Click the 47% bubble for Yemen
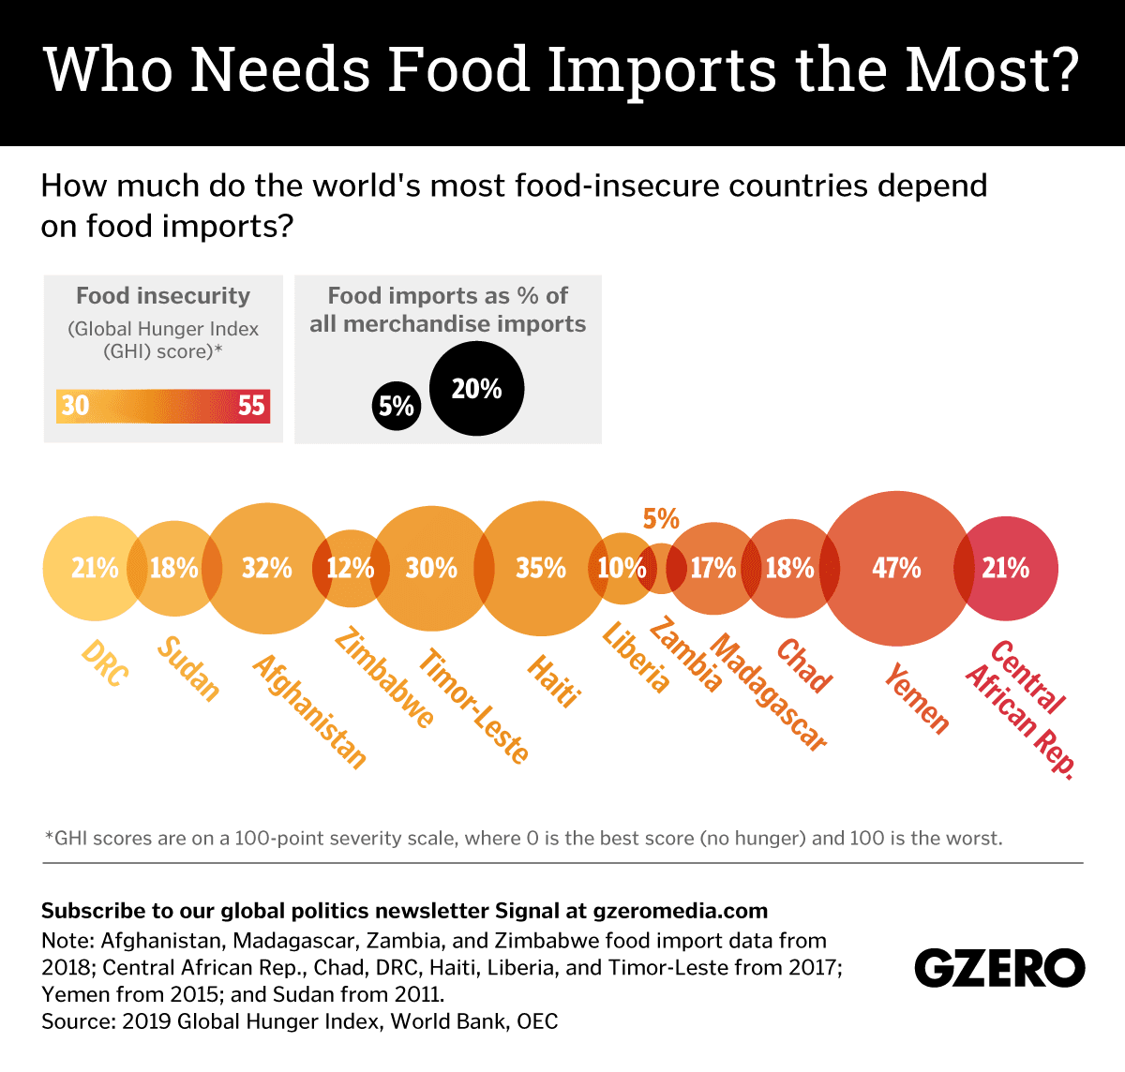point(896,568)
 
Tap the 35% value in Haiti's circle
point(541,568)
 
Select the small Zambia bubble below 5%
point(661,569)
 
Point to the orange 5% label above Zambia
point(661,519)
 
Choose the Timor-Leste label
point(473,705)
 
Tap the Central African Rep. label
point(1022,707)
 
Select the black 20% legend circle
point(476,389)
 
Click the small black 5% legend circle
point(397,406)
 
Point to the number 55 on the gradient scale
point(251,406)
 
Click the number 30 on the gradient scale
point(75,406)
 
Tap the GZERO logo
point(999,968)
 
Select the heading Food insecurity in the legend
point(163,296)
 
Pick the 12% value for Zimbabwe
point(350,568)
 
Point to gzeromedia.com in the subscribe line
point(680,911)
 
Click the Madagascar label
point(769,692)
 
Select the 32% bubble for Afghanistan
point(266,568)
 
